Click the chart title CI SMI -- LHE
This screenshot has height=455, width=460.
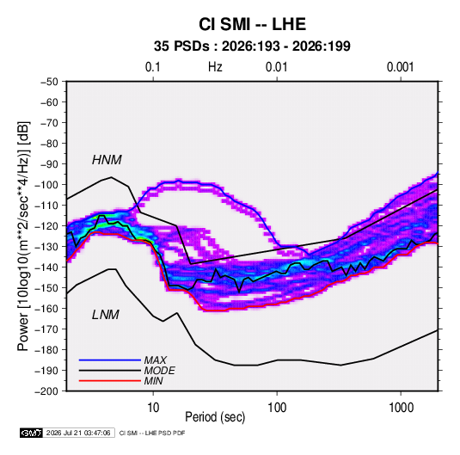[x=252, y=24]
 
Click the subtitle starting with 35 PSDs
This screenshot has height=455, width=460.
[x=252, y=46]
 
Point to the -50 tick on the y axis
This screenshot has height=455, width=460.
[x=49, y=82]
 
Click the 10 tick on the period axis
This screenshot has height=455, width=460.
[x=153, y=408]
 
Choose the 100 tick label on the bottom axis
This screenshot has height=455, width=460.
[x=277, y=408]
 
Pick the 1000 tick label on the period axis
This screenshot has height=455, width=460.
[x=401, y=408]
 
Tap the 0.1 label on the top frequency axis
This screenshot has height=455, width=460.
[x=153, y=67]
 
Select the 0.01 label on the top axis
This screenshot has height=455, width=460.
[x=276, y=67]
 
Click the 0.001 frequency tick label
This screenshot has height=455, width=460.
[x=400, y=67]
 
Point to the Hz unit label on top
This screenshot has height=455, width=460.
[x=215, y=67]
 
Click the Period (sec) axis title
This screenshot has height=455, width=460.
[x=215, y=417]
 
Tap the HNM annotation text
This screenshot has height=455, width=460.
[x=107, y=160]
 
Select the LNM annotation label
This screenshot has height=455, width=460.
[x=106, y=315]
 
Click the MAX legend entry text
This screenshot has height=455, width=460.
[x=156, y=360]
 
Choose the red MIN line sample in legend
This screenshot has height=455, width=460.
[x=110, y=381]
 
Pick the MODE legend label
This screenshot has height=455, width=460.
[x=160, y=371]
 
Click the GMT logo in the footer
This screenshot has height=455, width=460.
[x=31, y=433]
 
